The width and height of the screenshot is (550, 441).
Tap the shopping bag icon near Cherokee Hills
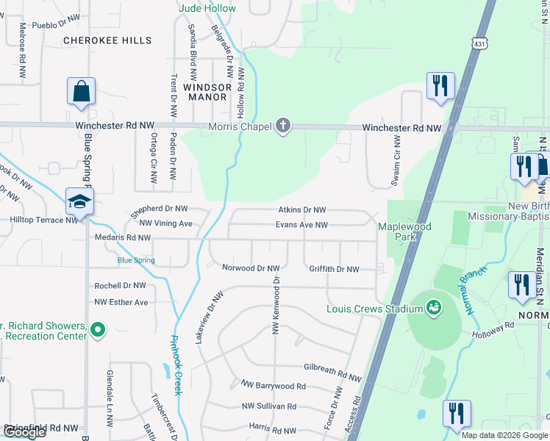(81, 91)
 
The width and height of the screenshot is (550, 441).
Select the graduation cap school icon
(79, 201)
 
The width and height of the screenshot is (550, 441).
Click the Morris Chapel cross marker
(282, 126)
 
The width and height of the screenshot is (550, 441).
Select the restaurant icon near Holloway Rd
(522, 284)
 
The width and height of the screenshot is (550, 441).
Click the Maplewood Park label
(404, 232)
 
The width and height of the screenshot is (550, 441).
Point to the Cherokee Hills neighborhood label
(107, 40)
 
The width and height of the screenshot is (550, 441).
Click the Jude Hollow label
(208, 9)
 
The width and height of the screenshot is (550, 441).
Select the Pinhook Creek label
(176, 365)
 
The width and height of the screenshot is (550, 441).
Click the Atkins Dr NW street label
(301, 211)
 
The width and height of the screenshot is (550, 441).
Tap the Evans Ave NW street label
(301, 225)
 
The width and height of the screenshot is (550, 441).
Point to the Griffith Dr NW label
(334, 270)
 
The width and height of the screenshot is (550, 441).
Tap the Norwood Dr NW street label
(251, 268)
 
